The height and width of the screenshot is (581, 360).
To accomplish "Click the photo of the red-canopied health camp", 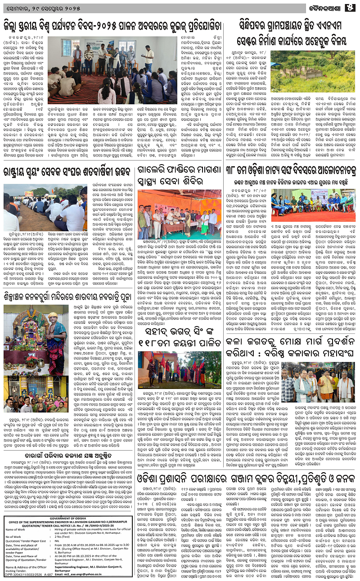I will [x=179, y=215].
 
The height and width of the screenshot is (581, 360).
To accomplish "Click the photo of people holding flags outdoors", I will [x=179, y=370].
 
